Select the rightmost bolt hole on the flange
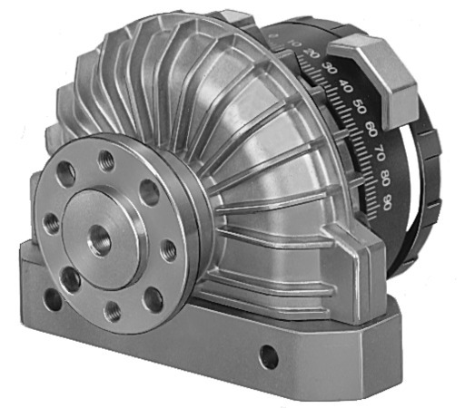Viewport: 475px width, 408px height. click(168, 246)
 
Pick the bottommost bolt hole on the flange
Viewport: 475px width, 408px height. click(114, 310)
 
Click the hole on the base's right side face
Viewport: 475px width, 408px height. click(268, 356)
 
